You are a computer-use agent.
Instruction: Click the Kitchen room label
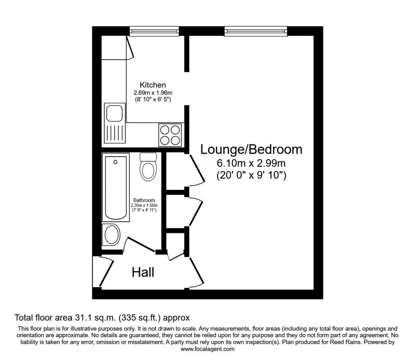(x=153, y=85)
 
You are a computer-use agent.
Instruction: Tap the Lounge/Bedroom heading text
(x=251, y=149)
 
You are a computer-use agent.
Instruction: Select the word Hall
(x=143, y=272)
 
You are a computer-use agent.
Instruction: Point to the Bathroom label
(x=144, y=200)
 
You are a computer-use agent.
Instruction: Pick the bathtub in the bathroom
(x=116, y=188)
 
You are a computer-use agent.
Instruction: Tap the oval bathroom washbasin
(x=112, y=235)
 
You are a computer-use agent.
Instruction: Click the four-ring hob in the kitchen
(x=170, y=135)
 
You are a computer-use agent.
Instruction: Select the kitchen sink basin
(x=114, y=113)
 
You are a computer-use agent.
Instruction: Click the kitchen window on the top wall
(x=154, y=31)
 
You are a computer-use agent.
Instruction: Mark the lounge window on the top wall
(x=256, y=31)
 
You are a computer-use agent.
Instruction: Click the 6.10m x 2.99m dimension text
(x=251, y=163)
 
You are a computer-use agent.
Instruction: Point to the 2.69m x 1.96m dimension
(x=153, y=93)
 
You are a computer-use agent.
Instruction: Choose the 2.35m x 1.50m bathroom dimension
(x=144, y=206)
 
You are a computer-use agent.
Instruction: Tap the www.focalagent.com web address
(x=207, y=349)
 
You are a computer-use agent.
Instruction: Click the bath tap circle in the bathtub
(x=115, y=162)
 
